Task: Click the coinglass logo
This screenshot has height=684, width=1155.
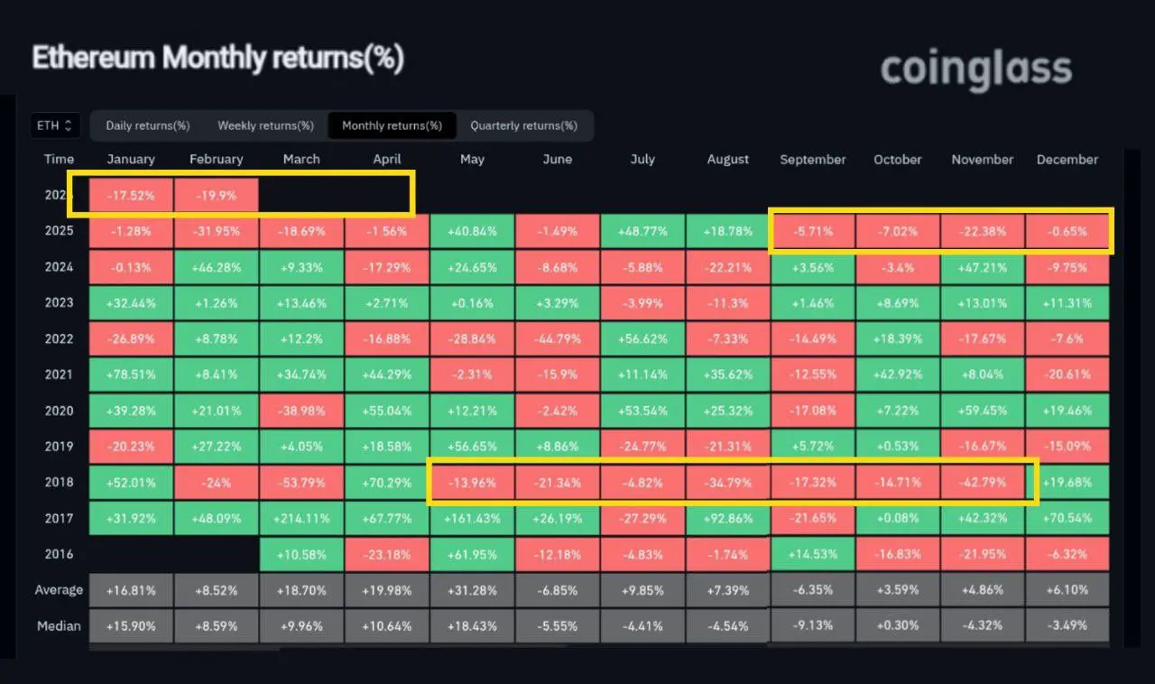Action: pos(975,69)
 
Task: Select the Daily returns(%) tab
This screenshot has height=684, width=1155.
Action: pos(147,125)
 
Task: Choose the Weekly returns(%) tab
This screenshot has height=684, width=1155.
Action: pos(265,125)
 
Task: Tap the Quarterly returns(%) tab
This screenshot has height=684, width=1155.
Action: pos(523,125)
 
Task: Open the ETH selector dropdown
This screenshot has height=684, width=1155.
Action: pos(55,125)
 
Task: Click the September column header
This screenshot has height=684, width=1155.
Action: pos(812,160)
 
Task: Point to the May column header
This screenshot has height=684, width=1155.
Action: pos(471,160)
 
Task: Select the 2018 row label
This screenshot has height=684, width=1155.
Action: pos(59,482)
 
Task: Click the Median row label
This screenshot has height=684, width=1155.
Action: pos(59,625)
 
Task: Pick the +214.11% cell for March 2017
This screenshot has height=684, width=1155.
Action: pos(300,518)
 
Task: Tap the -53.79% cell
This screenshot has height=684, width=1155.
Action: pos(300,482)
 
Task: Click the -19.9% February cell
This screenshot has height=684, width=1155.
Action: pos(216,195)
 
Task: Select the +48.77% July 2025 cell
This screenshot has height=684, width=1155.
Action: pos(642,231)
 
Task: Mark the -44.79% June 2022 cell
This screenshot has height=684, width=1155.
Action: pos(557,338)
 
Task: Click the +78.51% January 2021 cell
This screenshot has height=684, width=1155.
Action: pos(131,374)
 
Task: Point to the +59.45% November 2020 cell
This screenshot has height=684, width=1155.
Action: pos(982,411)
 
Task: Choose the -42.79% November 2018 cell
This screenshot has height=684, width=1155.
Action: pos(982,482)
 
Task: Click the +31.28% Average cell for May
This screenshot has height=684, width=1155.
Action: pos(471,590)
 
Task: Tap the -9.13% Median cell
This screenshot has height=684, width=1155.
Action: pos(812,625)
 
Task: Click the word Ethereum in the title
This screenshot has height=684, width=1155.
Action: pos(94,59)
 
